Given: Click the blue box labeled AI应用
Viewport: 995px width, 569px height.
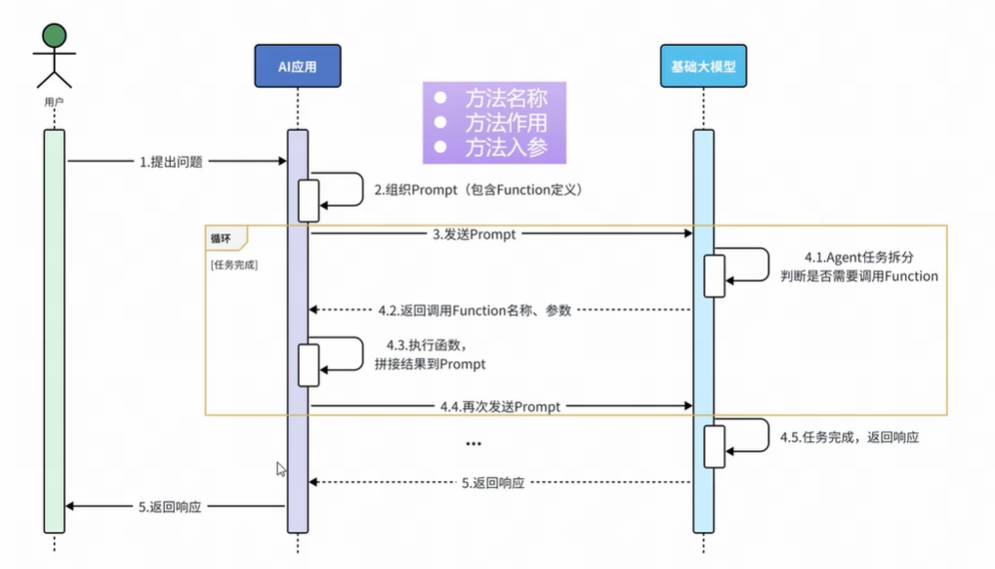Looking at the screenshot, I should coord(297,66).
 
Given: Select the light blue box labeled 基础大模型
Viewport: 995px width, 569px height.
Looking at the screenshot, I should coord(703,66).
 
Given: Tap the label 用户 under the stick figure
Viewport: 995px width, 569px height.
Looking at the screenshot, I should coord(55,101).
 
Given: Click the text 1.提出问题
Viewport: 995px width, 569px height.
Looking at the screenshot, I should coord(171,162).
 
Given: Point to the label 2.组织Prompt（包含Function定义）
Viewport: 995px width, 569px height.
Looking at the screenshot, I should coord(478,190).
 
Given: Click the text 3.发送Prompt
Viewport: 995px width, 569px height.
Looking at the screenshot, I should coord(475,235).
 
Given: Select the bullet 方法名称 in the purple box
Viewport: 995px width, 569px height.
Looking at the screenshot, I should coord(504,99).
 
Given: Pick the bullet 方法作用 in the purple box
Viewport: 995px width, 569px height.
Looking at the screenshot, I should coord(504,123).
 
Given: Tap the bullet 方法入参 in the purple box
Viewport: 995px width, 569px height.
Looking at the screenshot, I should coord(504,147).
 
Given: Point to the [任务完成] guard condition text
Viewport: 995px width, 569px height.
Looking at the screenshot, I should coord(234,264).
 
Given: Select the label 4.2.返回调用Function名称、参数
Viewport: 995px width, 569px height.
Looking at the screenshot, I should coord(475,310).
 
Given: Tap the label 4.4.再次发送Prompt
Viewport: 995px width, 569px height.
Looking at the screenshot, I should coord(500,406).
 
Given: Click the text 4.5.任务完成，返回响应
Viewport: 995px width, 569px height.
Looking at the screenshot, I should coord(850,438).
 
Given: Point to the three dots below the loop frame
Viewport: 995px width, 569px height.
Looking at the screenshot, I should coord(474,444).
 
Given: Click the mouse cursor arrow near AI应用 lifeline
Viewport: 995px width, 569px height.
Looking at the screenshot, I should coord(281,468).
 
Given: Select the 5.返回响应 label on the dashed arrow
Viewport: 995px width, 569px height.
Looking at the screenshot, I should coord(493,483).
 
